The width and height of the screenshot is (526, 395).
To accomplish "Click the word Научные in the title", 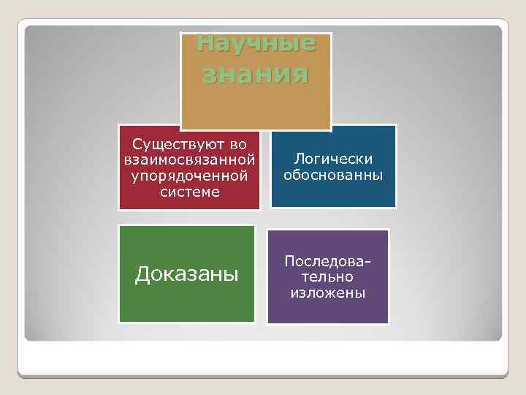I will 256,44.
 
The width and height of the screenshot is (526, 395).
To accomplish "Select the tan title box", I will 256,102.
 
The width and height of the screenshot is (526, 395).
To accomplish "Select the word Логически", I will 333,159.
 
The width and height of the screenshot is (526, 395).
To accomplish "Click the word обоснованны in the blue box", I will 333,176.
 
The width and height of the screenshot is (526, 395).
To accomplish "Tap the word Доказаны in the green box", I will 187,274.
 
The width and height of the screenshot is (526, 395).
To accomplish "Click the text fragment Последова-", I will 328,261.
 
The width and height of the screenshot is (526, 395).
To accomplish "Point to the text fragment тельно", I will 328,277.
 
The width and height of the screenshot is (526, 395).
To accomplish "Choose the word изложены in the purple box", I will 328,293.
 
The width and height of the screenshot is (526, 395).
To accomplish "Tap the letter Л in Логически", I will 298,159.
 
